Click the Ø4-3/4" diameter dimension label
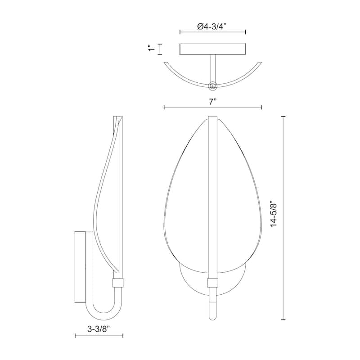point(212,27)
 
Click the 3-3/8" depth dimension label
point(99,328)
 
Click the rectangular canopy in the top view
point(212,49)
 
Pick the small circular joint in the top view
point(213,84)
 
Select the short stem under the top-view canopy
point(213,67)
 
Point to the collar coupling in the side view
point(118,283)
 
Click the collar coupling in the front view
point(213,283)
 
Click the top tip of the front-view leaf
point(213,117)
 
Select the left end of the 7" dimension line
point(164,107)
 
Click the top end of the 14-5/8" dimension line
point(283,116)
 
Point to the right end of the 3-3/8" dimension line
point(123,335)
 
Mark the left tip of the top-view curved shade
point(165,63)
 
